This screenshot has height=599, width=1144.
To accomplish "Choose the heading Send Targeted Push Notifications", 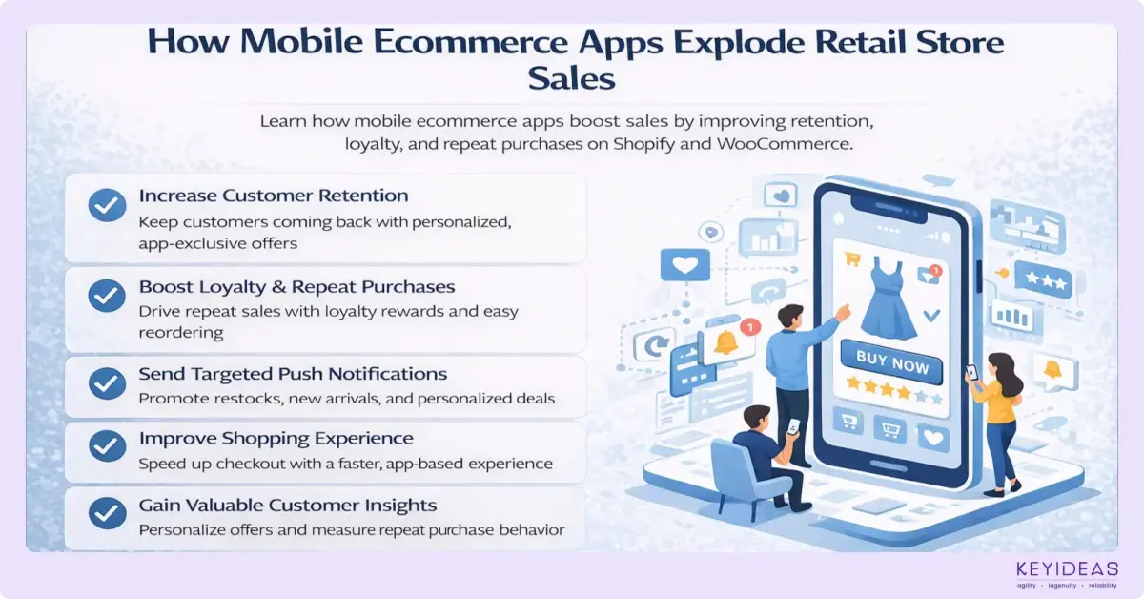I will click(x=293, y=374).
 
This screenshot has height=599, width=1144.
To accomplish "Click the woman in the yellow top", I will click(x=995, y=410).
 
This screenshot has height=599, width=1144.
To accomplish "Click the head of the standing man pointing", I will click(x=790, y=317).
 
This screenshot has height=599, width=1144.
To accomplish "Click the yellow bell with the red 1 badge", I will click(x=726, y=341).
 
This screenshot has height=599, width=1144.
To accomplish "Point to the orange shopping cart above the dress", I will click(x=852, y=258).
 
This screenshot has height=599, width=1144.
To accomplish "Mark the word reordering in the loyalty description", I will click(x=181, y=332).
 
